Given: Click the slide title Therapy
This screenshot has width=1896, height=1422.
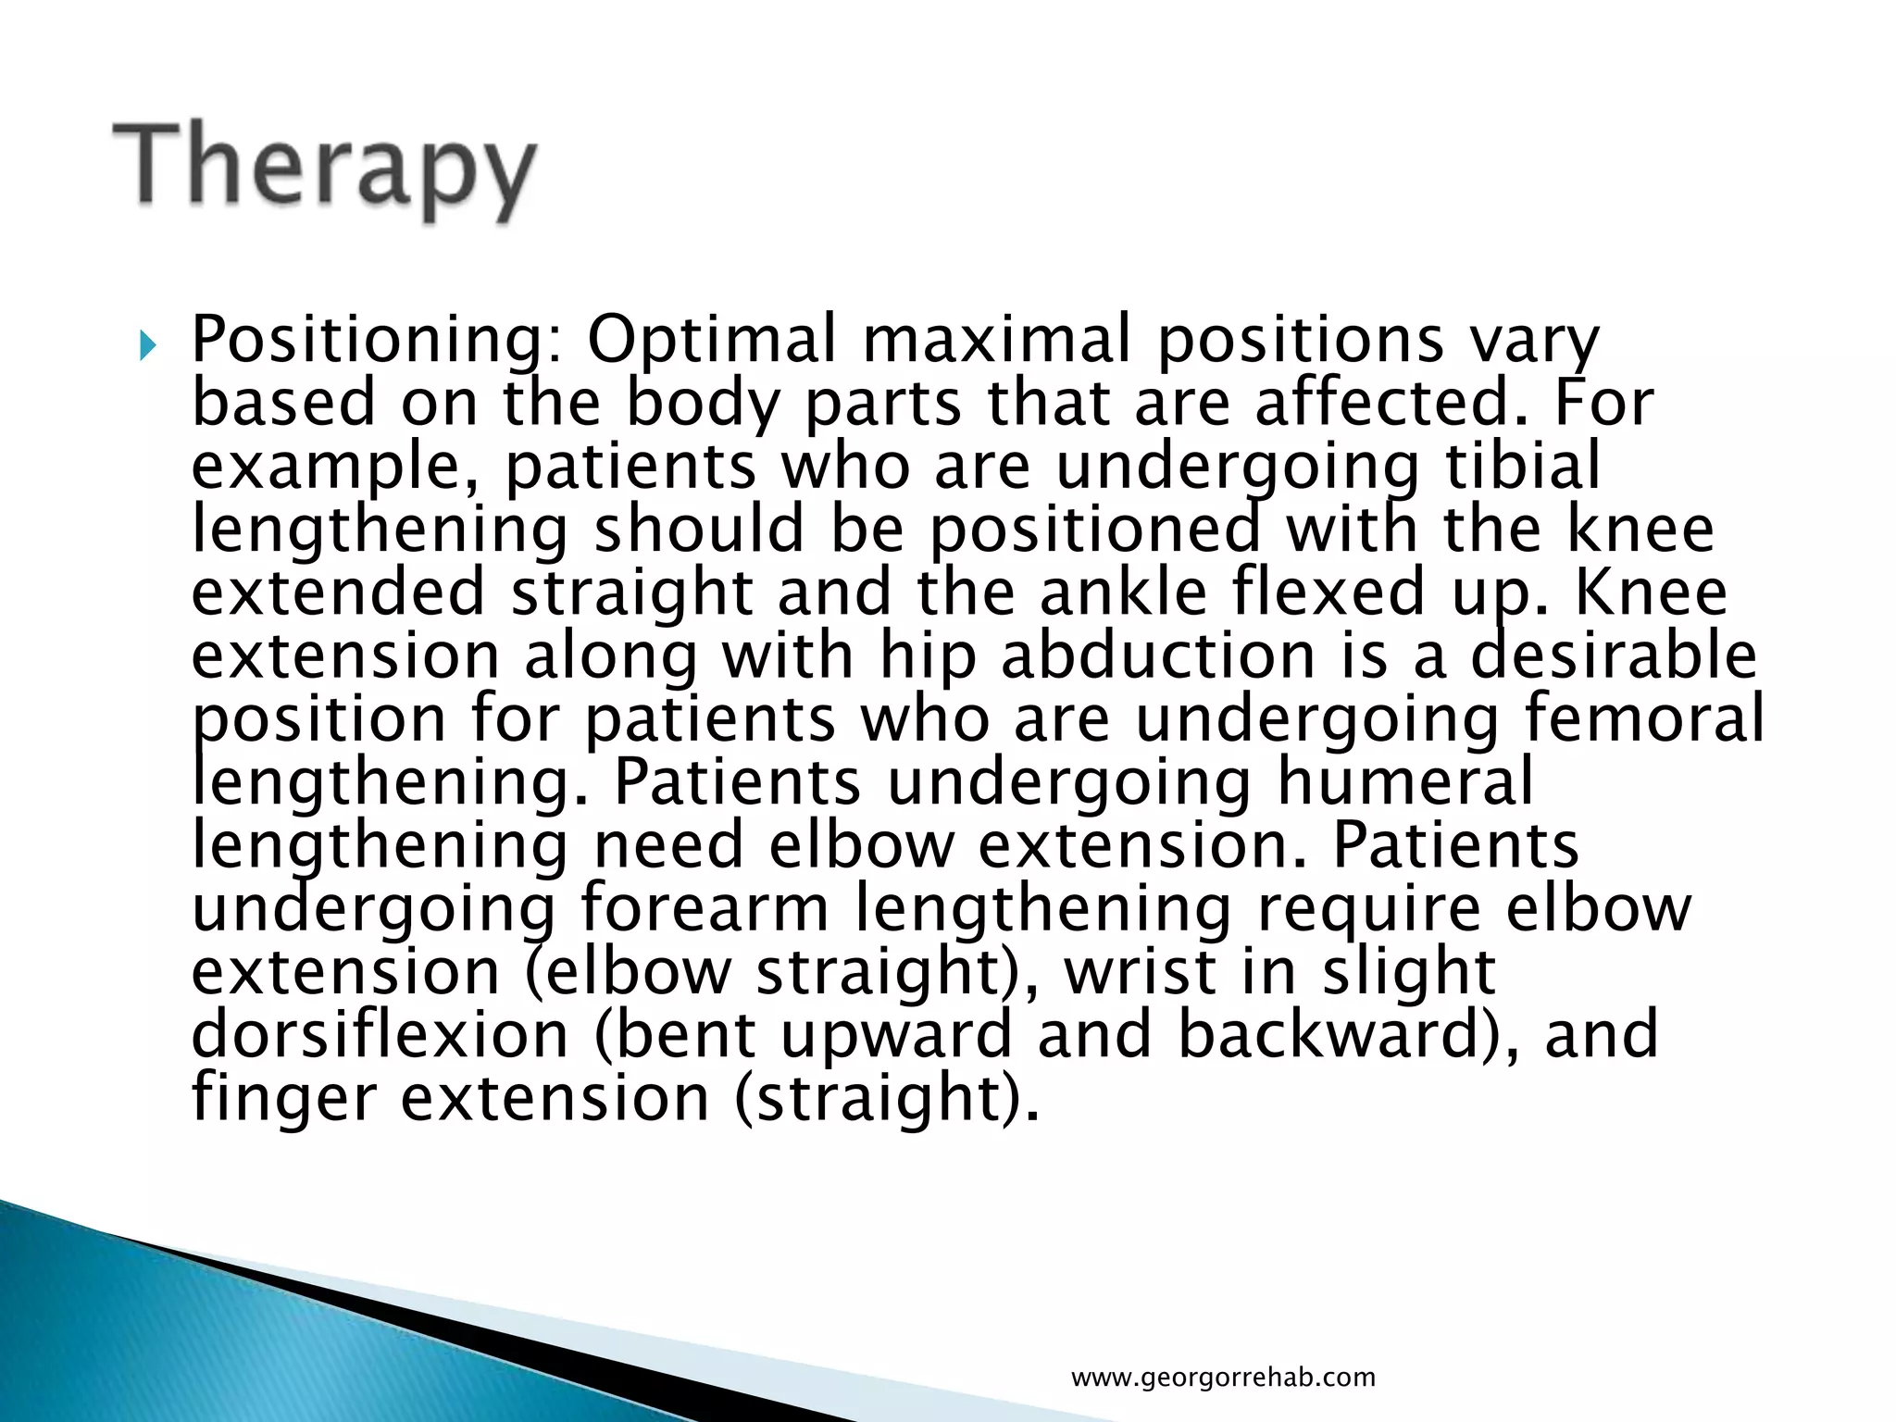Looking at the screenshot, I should point(324,170).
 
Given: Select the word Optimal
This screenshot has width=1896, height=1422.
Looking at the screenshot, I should point(711,341).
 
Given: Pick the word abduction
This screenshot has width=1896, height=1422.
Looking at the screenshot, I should point(1157,655).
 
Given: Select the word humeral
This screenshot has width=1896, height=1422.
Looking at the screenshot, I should point(1404,782).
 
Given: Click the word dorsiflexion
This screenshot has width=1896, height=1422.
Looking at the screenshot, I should point(380,1035).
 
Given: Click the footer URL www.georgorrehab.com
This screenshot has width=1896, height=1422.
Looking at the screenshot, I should point(1223,1377).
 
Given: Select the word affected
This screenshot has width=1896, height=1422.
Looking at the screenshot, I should point(1390,404).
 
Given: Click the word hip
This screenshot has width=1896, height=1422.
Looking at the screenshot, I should point(927,657).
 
